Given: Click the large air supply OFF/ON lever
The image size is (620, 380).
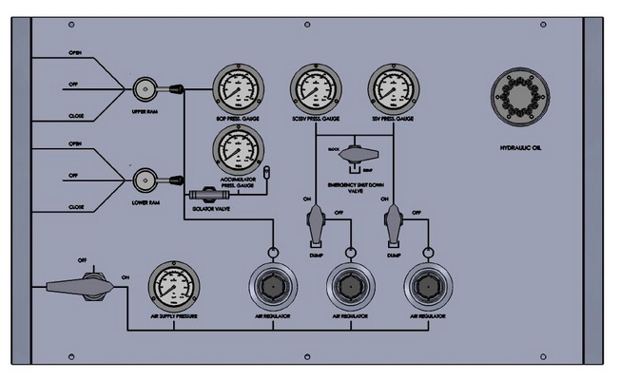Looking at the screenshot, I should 78,285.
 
